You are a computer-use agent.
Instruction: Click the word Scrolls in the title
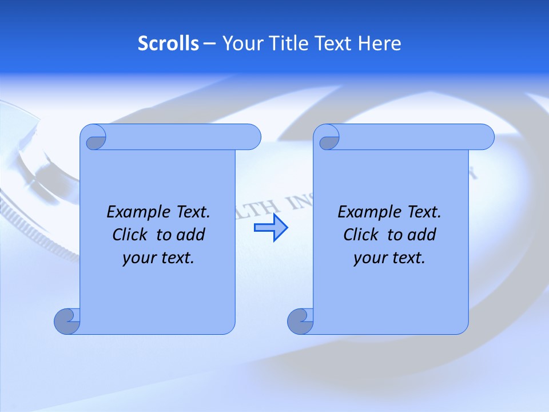pos(168,43)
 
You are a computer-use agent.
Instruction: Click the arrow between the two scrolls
pos(270,228)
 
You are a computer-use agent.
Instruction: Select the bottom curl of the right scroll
pos(301,322)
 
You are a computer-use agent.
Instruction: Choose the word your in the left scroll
pos(136,258)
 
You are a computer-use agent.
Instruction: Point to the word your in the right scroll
pos(367,258)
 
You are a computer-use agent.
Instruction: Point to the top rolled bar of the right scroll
pos(412,137)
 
